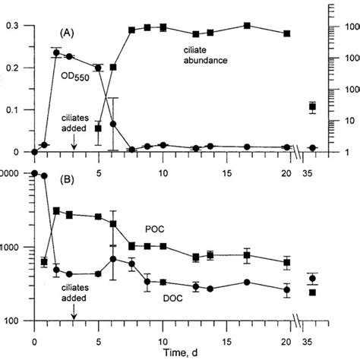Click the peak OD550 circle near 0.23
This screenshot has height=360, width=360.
[x=56, y=53]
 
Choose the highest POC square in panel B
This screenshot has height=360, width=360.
[x=56, y=210]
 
